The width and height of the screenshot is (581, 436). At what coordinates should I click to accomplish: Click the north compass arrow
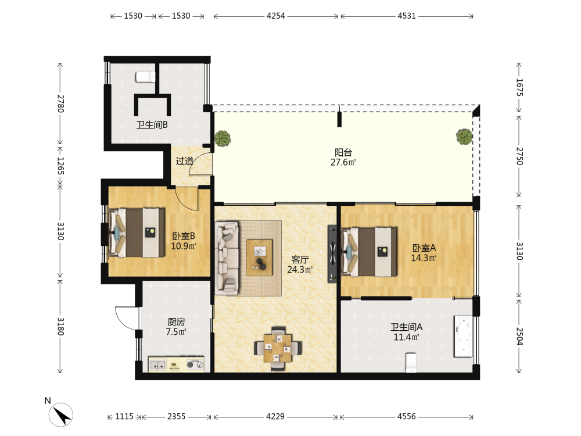click(x=61, y=414)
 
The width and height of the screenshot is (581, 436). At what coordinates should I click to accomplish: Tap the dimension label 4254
click(x=275, y=16)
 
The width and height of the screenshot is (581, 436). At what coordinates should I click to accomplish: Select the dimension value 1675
click(x=519, y=88)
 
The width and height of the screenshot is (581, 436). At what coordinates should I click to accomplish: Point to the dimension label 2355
click(x=177, y=416)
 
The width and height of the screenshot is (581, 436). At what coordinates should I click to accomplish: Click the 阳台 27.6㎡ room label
click(x=343, y=157)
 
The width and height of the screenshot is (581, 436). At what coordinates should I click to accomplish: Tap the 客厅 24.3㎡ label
click(x=300, y=265)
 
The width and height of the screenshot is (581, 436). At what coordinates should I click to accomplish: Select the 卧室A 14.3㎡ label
click(x=424, y=253)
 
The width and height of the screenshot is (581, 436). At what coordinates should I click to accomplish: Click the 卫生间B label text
click(x=152, y=125)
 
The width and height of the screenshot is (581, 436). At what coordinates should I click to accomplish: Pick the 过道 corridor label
click(x=184, y=161)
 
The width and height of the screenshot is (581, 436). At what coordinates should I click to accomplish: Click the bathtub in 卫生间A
click(x=464, y=336)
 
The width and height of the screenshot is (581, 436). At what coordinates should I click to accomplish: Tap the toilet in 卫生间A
click(x=411, y=362)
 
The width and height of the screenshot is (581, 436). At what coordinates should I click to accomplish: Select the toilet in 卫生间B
click(x=145, y=77)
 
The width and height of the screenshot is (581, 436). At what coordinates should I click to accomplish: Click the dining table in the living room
click(x=278, y=348)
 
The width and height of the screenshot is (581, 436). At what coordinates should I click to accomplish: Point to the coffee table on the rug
click(x=259, y=258)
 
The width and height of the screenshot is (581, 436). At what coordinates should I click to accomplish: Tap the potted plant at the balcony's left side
click(x=223, y=138)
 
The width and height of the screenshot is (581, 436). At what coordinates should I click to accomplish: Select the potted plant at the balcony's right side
click(x=464, y=137)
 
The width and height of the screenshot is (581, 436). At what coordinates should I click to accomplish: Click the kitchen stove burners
click(x=195, y=364)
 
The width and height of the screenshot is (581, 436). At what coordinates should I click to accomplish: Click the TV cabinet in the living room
click(x=332, y=254)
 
